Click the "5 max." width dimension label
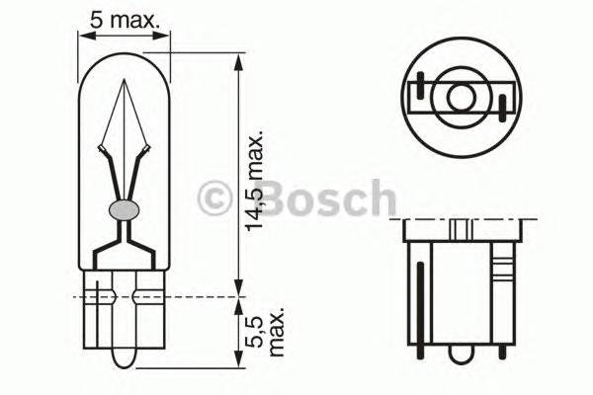pyautogui.click(x=126, y=17)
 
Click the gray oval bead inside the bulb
pyautogui.click(x=124, y=208)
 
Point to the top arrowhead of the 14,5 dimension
pyautogui.click(x=237, y=60)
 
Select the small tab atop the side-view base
pyautogui.click(x=461, y=228)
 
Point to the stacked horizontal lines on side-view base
pyautogui.click(x=503, y=268)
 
